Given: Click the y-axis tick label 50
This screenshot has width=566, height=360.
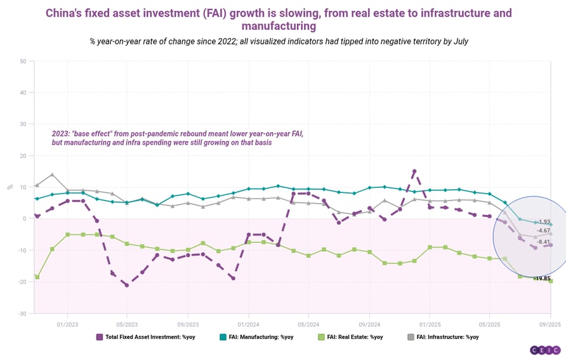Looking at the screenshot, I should coord(23,62).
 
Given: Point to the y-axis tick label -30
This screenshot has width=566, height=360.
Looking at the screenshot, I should coord(22,313).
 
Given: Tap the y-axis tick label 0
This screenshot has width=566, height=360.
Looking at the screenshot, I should coord(24,219).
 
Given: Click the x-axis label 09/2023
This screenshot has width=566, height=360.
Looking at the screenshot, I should coord(187,323).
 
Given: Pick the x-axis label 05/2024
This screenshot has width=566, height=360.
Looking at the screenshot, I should coord(308,323).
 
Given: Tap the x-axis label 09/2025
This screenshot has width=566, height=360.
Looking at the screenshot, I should coord(550,323).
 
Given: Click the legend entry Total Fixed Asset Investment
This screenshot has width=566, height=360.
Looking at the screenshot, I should coord(145,337).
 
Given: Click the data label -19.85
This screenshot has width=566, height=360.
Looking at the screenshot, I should coord(541,278).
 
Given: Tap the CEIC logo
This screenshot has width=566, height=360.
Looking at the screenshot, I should coord(545,350).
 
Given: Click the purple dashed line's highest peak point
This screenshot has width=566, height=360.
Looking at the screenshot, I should coord(414,171).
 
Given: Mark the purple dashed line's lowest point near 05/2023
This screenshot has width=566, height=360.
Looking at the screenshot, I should coord(127,285).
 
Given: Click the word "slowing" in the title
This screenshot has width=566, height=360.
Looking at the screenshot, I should coord(293,13).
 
